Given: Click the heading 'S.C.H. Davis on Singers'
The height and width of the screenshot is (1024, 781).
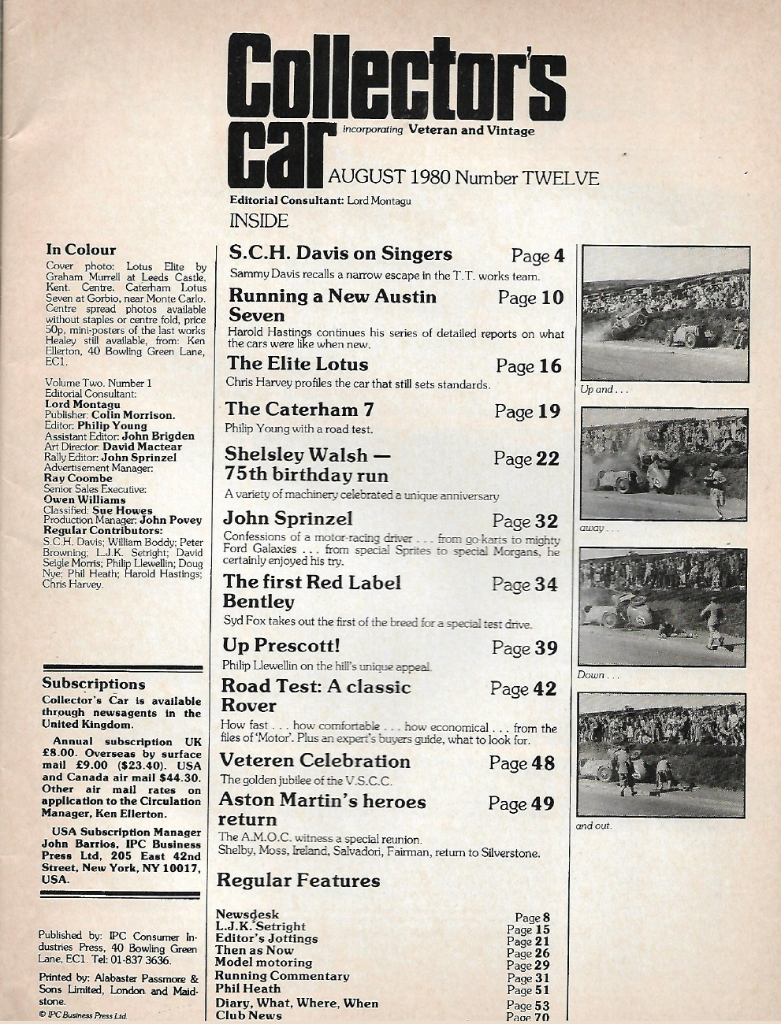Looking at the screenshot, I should coord(340,254).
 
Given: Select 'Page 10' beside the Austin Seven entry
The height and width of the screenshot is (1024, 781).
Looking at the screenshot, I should coord(529,298).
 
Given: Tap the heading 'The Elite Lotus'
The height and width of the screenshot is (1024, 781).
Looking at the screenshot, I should coord(297,364).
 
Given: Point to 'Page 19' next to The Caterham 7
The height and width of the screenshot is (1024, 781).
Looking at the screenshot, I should coord(527,411).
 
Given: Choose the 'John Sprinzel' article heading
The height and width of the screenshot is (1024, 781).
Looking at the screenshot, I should coord(288,518).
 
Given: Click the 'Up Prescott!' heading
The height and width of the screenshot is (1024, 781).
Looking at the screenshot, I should coord(281,646).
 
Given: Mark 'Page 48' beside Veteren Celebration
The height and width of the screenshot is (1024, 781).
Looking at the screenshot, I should coord(522,763).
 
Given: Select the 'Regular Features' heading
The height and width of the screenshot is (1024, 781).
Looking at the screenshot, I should coord(298,881).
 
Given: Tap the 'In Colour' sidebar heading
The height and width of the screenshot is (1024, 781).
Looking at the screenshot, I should coord(80,250).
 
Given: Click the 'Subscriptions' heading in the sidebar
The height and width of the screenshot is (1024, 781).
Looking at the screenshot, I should coord(94,684).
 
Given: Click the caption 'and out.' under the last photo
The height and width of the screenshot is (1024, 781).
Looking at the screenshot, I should coord(593,826).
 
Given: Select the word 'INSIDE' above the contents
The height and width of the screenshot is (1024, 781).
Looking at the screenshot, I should coord(258,221).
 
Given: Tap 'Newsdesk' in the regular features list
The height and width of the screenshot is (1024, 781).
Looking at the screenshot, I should coord(247,915).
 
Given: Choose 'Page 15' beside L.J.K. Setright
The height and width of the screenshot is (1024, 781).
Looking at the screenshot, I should coord(528,929).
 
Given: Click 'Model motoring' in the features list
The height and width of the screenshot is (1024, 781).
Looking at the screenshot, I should coord(263,963).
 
